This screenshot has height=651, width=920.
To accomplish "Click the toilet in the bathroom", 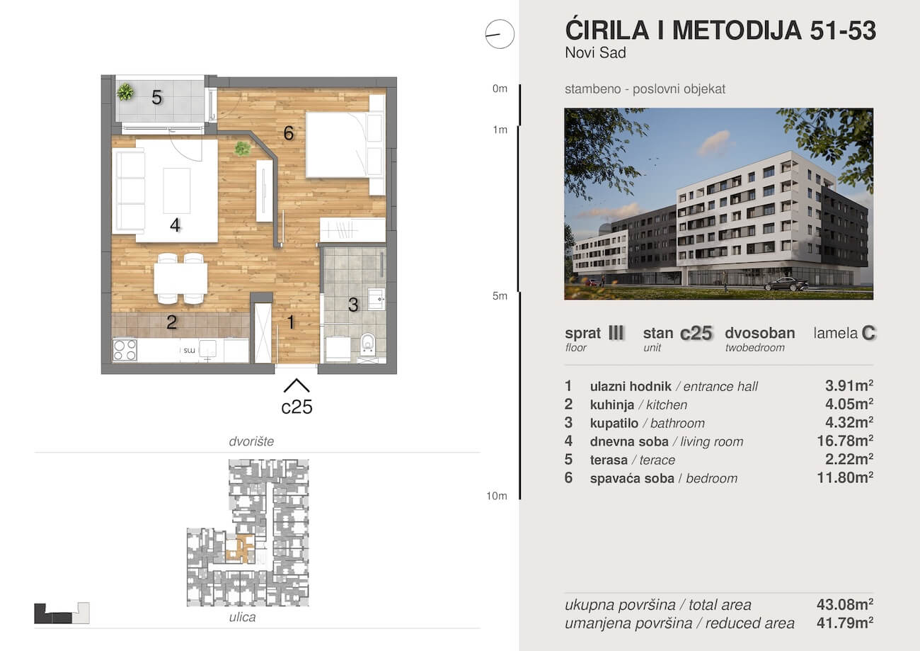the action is tap(367, 344).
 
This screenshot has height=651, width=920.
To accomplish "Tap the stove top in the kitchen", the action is tap(125, 350).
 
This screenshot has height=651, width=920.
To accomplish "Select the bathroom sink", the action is tap(376, 299).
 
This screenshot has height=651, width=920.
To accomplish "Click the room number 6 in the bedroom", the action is tap(288, 132).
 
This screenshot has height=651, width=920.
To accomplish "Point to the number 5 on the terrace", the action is tap(156, 98).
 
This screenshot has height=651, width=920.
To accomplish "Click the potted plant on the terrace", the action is tap(125, 91).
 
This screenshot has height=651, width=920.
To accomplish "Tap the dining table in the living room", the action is tap(180, 278).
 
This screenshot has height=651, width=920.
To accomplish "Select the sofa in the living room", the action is tap(129, 191).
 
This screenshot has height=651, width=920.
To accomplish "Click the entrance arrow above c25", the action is tap(296, 385).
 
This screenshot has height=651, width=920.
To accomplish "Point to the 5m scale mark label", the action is tap(500, 296).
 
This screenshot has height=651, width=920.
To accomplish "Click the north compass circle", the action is tap(500, 34).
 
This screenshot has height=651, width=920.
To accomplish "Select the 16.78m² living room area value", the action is tap(845, 441).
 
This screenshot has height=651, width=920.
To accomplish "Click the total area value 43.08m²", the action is tap(845, 604).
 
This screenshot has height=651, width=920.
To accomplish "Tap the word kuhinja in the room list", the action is tap(612, 404).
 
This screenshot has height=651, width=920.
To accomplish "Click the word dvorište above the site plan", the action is tap(251, 441).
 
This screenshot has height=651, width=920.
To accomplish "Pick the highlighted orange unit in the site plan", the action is tap(241, 548).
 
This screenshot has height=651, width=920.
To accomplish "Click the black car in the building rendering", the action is tap(786, 284).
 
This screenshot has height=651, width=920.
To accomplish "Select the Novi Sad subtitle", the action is tap(596, 53).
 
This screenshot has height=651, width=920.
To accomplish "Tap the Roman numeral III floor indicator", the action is tap(616, 333).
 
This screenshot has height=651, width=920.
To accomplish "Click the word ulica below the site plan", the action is tap(242, 617).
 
